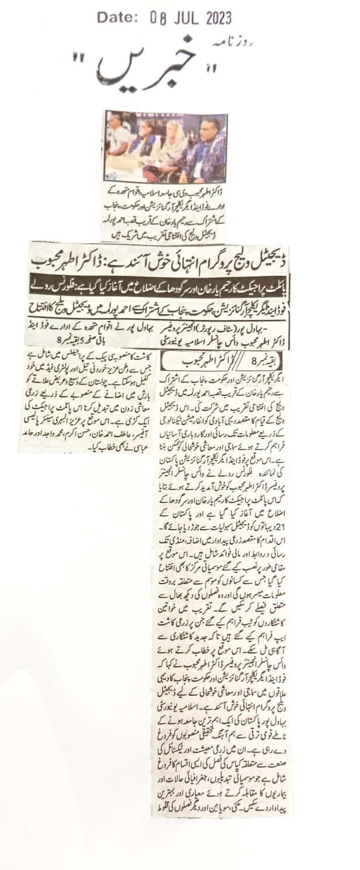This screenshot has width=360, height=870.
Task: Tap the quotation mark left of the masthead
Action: point(79,58)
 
